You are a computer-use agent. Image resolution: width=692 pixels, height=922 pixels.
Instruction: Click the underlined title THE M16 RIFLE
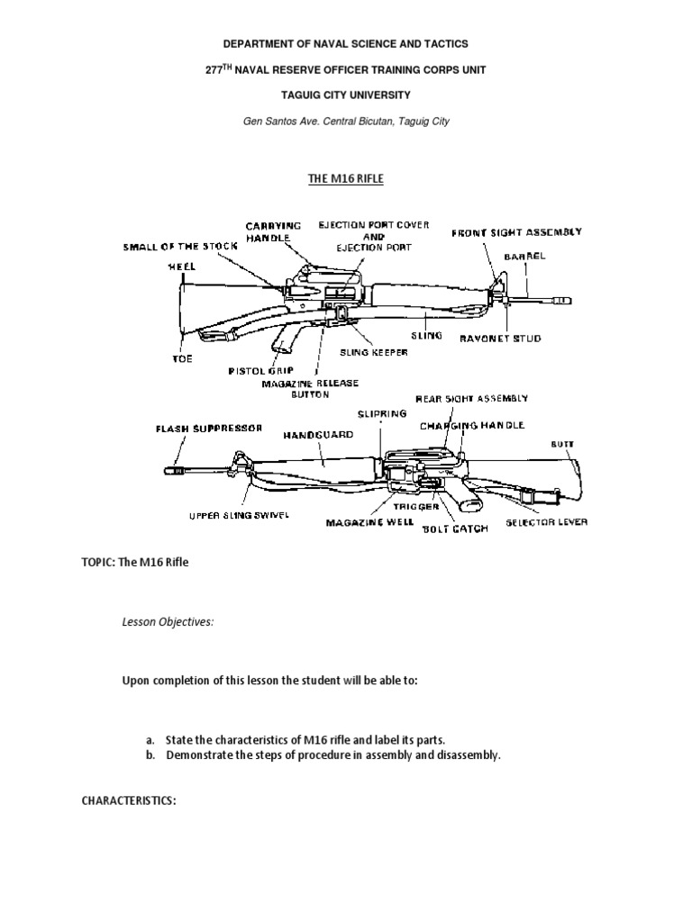pos(346,179)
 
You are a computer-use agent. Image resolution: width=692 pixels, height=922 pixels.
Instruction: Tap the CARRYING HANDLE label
pos(273,230)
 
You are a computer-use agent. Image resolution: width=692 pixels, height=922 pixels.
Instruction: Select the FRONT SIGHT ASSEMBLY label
pos(516,232)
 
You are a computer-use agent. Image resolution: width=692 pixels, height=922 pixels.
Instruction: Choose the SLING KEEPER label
pos(373,353)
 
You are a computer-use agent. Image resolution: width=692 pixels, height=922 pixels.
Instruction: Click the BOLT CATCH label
pos(455,529)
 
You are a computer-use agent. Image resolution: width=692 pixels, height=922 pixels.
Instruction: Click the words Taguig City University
pos(346,95)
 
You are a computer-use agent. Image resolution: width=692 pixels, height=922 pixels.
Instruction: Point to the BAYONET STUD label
pos(514,339)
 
